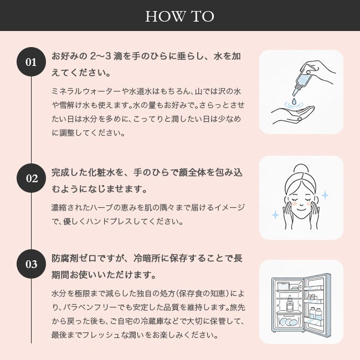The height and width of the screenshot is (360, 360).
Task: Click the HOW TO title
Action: coord(180,16)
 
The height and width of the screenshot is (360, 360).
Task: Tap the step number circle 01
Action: coord(31,62)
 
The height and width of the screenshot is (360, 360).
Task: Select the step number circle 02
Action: coord(31,178)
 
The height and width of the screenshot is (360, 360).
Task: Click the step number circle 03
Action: coord(31,264)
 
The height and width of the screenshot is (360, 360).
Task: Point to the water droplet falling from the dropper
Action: coord(294,101)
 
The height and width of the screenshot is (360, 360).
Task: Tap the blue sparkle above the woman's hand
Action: coord(325,196)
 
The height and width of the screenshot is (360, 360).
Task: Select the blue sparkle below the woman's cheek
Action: coord(275,215)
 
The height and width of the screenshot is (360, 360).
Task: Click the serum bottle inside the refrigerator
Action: coord(290,304)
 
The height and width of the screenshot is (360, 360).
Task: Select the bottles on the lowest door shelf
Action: coord(316,313)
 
